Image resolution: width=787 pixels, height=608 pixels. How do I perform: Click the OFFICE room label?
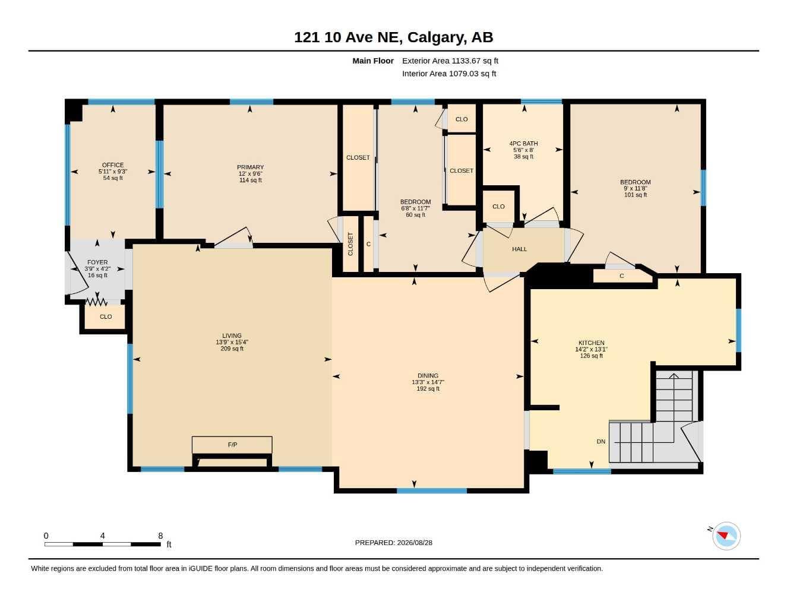[x=113, y=165]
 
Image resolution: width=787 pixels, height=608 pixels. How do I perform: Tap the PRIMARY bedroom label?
[x=250, y=167]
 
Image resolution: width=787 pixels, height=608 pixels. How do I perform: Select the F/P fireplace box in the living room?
[x=232, y=445]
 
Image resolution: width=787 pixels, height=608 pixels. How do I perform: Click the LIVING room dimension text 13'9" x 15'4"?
[x=232, y=342]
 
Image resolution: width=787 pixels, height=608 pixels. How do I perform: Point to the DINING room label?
[x=428, y=376]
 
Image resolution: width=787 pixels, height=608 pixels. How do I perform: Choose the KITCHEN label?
[x=592, y=343]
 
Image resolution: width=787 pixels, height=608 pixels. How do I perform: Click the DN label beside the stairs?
[x=601, y=442]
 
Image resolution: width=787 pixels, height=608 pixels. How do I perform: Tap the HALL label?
[x=519, y=249]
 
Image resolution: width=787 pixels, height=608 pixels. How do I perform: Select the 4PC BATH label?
[x=523, y=144]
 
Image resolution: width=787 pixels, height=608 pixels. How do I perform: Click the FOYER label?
[x=97, y=262]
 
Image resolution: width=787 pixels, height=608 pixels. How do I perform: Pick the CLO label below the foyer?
[x=106, y=316]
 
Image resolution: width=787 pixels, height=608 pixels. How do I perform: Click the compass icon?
[x=726, y=536]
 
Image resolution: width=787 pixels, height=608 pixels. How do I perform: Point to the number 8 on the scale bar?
[x=160, y=536]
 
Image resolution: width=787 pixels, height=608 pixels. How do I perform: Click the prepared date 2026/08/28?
[x=415, y=543]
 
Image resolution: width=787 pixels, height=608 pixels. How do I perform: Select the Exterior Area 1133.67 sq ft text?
[x=450, y=61]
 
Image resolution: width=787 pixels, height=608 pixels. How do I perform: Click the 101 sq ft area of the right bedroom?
[x=636, y=195]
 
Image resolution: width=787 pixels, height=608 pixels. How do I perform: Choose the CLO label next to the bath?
[x=498, y=207]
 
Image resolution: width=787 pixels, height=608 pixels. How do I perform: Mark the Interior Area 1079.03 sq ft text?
[x=449, y=74]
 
